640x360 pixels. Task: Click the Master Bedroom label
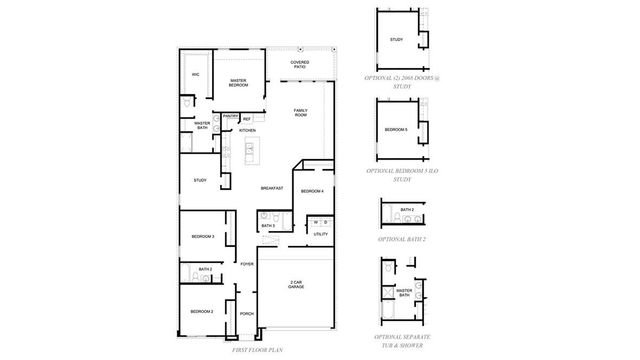[238, 82]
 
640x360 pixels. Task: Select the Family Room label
[300, 113]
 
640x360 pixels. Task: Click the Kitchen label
[247, 130]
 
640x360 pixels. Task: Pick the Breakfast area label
[272, 188]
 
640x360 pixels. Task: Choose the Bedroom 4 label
[312, 191]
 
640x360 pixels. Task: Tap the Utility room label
[321, 234]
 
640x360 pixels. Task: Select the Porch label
[246, 314]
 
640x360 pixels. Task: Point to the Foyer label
[246, 264]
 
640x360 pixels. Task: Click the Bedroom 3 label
[203, 237]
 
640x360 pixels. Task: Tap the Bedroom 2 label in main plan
[203, 312]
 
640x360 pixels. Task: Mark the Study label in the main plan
[200, 181]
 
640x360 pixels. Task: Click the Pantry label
[230, 117]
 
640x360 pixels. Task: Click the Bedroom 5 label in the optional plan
[396, 129]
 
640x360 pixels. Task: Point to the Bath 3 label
[267, 227]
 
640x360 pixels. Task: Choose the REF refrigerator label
[247, 118]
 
